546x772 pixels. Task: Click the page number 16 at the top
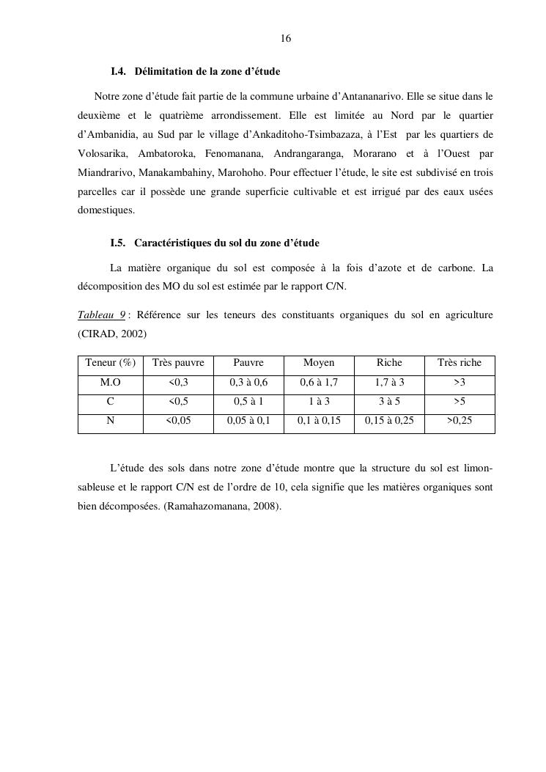[286, 38]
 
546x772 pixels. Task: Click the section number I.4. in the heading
[119, 72]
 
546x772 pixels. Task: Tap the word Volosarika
[102, 153]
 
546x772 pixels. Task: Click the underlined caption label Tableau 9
[101, 315]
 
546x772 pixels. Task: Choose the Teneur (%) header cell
[111, 363]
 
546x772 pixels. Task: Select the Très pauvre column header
[178, 363]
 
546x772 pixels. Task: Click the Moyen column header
[319, 363]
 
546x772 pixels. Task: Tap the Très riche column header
[460, 363]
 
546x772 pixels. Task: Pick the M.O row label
[111, 383]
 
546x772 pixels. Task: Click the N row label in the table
[111, 421]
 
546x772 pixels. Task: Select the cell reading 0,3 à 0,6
[248, 383]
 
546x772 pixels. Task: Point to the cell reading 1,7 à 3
[389, 383]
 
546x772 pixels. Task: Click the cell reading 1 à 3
[319, 402]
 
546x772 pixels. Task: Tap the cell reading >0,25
[460, 421]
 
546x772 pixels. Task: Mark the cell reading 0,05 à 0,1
[248, 421]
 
